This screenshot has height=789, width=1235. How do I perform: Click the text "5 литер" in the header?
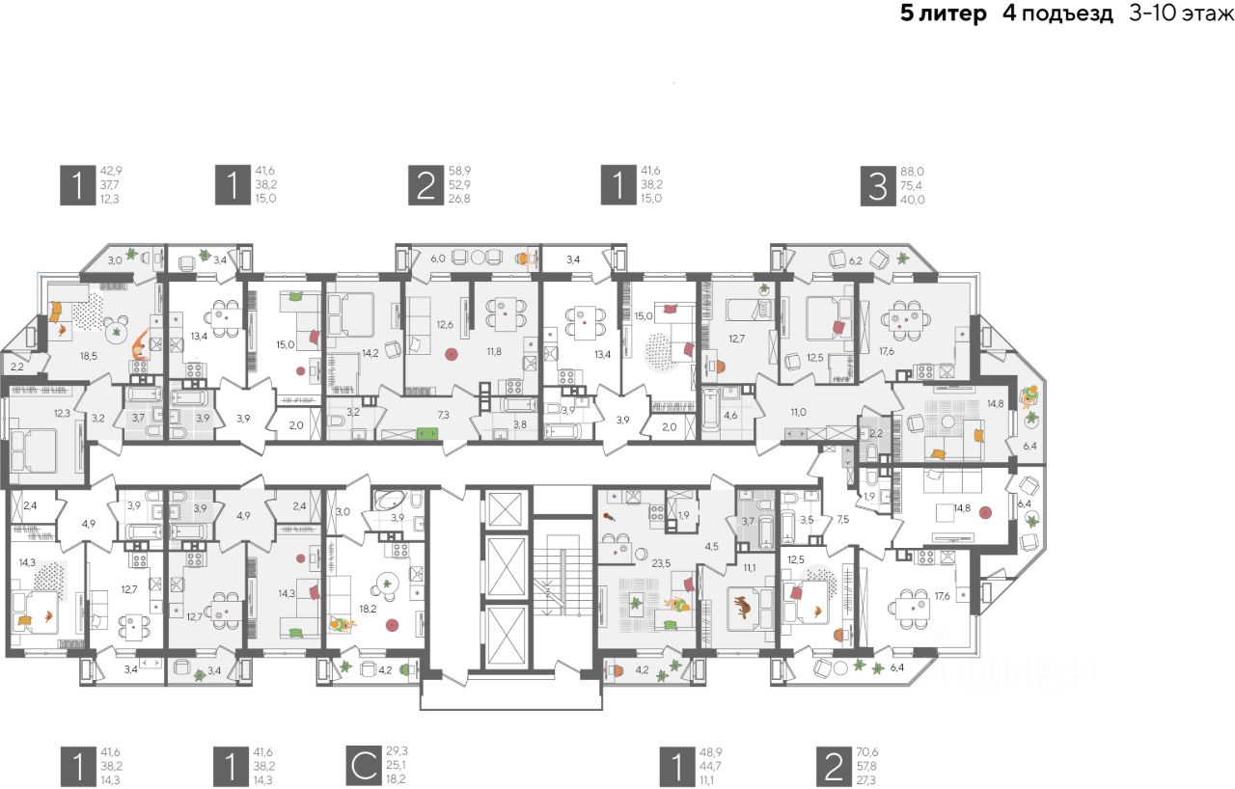coord(943,14)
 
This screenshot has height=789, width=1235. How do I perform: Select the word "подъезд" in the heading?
coord(1068,14)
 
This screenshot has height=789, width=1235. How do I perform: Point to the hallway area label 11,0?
coord(798,412)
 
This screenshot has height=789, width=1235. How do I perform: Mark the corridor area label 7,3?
coord(444,414)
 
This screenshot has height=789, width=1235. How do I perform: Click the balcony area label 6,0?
coord(437,258)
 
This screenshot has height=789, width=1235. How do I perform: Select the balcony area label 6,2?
coord(856,260)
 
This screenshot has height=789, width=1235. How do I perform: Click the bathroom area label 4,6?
coord(730,416)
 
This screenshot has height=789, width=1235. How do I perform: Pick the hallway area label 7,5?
coord(842,519)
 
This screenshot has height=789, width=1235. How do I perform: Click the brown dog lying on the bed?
coord(743,607)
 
